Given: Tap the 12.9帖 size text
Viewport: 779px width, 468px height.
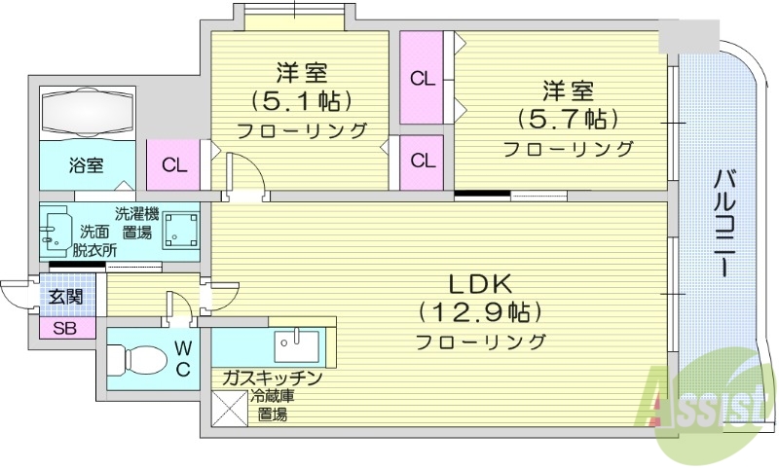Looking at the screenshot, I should (x=480, y=312).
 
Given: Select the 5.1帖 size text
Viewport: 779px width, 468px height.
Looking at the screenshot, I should (x=301, y=100).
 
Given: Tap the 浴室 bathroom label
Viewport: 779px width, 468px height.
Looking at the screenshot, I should (x=86, y=164).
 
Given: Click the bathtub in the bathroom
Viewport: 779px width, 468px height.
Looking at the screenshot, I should (x=86, y=113).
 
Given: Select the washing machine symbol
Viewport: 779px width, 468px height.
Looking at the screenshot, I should (x=180, y=231).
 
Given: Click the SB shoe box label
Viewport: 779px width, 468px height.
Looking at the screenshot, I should (x=65, y=328).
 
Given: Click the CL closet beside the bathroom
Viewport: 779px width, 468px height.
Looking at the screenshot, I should (x=174, y=164).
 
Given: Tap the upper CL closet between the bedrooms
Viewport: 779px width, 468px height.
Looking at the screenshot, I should (x=422, y=78).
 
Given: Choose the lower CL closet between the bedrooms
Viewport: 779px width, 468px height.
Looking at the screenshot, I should (x=422, y=161).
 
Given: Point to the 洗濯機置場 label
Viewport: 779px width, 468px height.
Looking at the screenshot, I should (x=135, y=223).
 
